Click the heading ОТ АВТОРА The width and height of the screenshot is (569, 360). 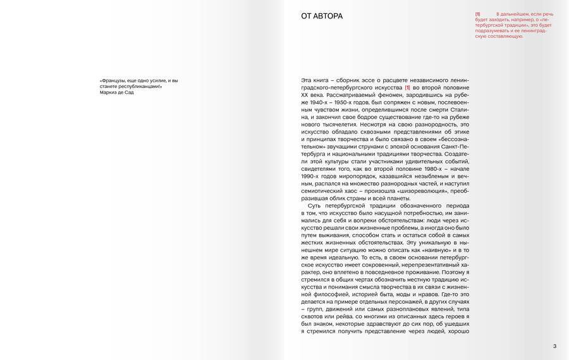pos(322,16)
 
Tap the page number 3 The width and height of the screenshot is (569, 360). pos(554,345)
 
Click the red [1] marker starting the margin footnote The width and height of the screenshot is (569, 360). pos(478,14)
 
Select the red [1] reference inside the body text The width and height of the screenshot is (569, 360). pos(408,87)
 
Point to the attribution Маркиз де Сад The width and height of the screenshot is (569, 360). pos(117,92)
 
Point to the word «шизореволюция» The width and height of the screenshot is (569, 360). pos(420,190)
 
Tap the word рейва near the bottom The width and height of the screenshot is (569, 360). pos(344,316)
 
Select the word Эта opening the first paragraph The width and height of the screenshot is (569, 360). pos(307,80)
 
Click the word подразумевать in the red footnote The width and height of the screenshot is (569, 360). pos(494,31)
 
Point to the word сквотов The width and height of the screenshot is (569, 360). pos(314,316)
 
